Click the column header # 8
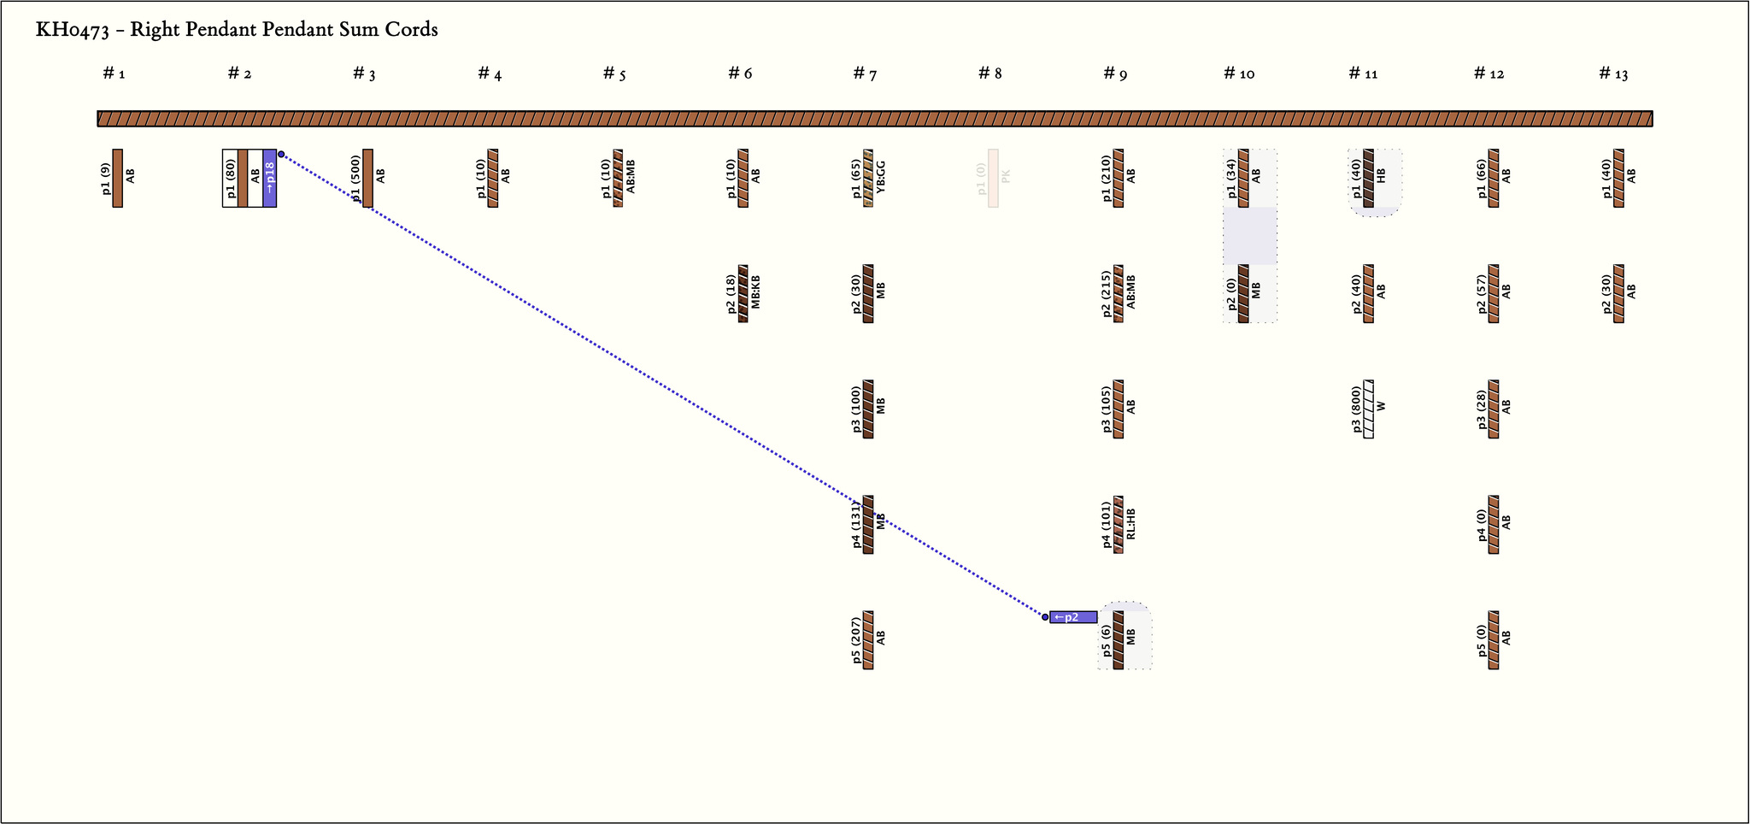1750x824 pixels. point(990,74)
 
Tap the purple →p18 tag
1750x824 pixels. point(269,178)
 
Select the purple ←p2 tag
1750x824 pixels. point(1072,617)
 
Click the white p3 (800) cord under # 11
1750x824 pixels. point(1369,409)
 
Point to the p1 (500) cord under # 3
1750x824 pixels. point(367,178)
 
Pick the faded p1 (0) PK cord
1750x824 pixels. point(993,178)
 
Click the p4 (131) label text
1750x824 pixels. point(856,525)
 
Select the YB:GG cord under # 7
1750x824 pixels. point(868,178)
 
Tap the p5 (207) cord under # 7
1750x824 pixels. point(868,639)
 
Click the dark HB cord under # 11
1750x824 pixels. point(1369,178)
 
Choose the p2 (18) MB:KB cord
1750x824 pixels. point(743,293)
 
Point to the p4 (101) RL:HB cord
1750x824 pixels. point(1119,524)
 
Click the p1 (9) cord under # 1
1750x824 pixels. point(118,178)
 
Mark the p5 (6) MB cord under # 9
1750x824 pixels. point(1119,639)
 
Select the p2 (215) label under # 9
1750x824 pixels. point(1107,293)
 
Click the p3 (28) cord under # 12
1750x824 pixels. point(1494,409)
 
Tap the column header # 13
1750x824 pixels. point(1613,74)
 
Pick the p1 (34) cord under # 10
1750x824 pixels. point(1243,178)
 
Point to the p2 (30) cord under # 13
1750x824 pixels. point(1618,293)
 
